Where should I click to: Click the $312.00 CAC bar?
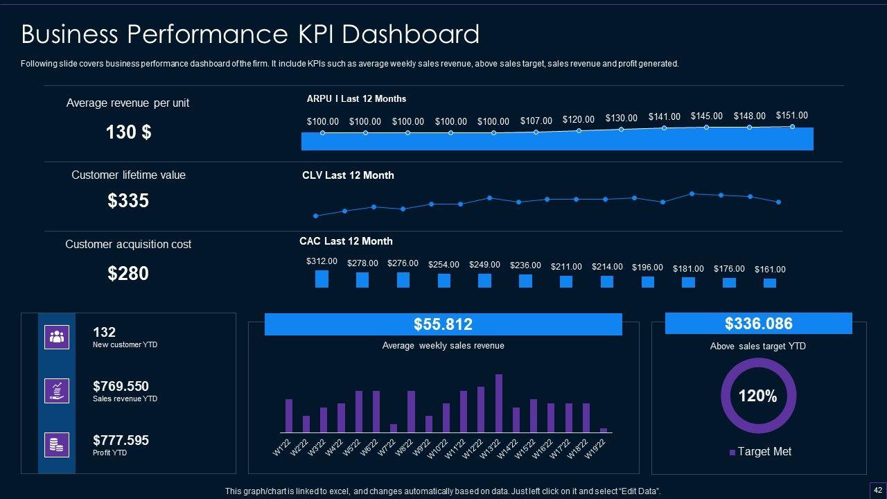coord(322,279)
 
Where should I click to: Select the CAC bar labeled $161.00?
coord(770,283)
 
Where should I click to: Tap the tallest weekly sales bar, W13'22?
coord(499,403)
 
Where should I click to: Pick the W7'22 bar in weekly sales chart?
coord(394,428)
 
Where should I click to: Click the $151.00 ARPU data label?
coord(791,116)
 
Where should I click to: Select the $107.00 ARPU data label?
coord(536,121)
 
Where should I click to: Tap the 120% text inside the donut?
coord(757,396)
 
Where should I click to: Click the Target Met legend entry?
coord(761,452)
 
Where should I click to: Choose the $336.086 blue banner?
coord(758,324)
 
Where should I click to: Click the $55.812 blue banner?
coord(443,324)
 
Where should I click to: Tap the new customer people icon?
coord(57,337)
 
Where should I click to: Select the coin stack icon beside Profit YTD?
coord(57,445)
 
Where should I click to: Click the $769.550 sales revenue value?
coord(121,386)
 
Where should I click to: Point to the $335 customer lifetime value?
coord(128,201)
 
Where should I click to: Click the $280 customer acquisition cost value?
coord(128,274)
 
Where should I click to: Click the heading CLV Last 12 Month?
coord(348,175)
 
